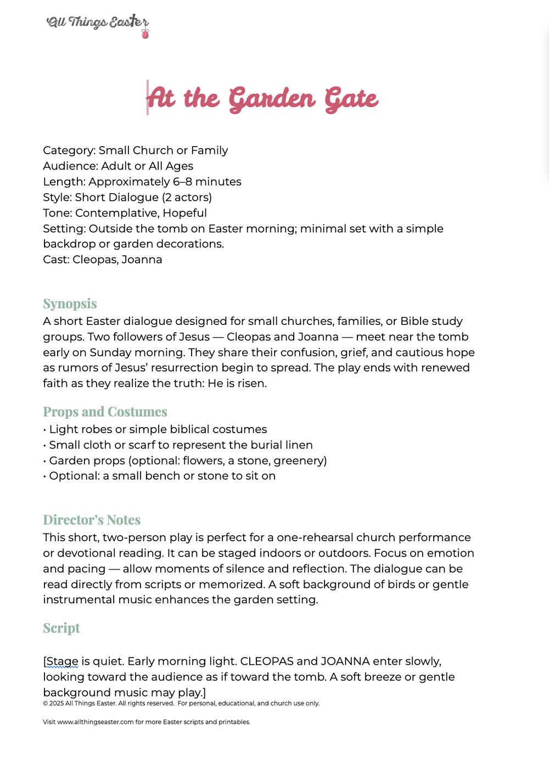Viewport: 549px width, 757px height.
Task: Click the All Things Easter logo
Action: (98, 23)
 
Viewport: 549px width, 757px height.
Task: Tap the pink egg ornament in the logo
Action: (145, 34)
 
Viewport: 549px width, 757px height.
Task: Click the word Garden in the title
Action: (272, 99)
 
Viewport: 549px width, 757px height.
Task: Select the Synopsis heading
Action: (70, 304)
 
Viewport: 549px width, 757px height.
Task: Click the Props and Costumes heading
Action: (105, 412)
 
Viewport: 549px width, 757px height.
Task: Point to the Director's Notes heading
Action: (92, 520)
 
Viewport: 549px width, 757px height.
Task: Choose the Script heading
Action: (61, 628)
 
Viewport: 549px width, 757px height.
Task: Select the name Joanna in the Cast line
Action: (142, 260)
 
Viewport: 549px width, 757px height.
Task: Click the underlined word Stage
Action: (62, 661)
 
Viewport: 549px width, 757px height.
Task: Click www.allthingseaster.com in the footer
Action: (96, 722)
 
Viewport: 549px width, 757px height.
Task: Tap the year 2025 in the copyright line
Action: (57, 703)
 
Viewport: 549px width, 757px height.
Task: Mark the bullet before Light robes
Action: (44, 430)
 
